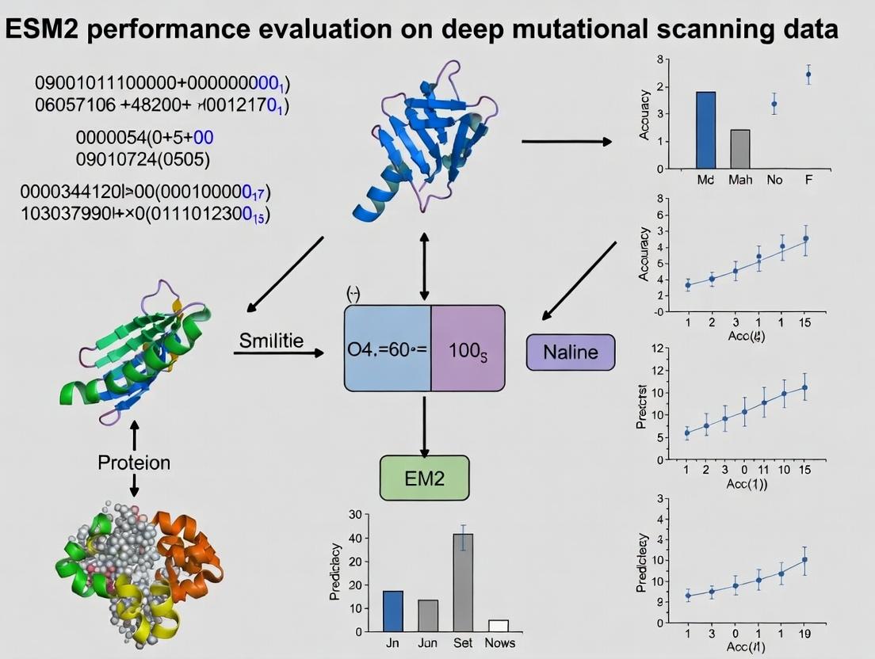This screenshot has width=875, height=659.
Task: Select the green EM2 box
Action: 424,478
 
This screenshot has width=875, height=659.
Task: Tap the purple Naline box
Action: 571,352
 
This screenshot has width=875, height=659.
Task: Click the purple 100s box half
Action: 468,349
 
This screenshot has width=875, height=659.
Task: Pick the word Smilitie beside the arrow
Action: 271,341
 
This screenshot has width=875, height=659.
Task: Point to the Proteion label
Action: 134,463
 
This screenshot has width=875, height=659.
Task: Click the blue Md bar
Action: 705,130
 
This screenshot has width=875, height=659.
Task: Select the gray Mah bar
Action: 739,149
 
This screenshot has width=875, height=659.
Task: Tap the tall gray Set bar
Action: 463,582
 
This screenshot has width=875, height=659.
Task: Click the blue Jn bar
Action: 393,611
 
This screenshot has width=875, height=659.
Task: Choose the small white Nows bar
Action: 499,625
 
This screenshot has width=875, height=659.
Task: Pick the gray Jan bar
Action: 428,615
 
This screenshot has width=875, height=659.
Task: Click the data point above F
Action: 808,74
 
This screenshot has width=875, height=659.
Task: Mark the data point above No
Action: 774,104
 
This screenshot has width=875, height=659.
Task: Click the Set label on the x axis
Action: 463,643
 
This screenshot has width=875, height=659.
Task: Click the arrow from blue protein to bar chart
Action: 566,142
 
